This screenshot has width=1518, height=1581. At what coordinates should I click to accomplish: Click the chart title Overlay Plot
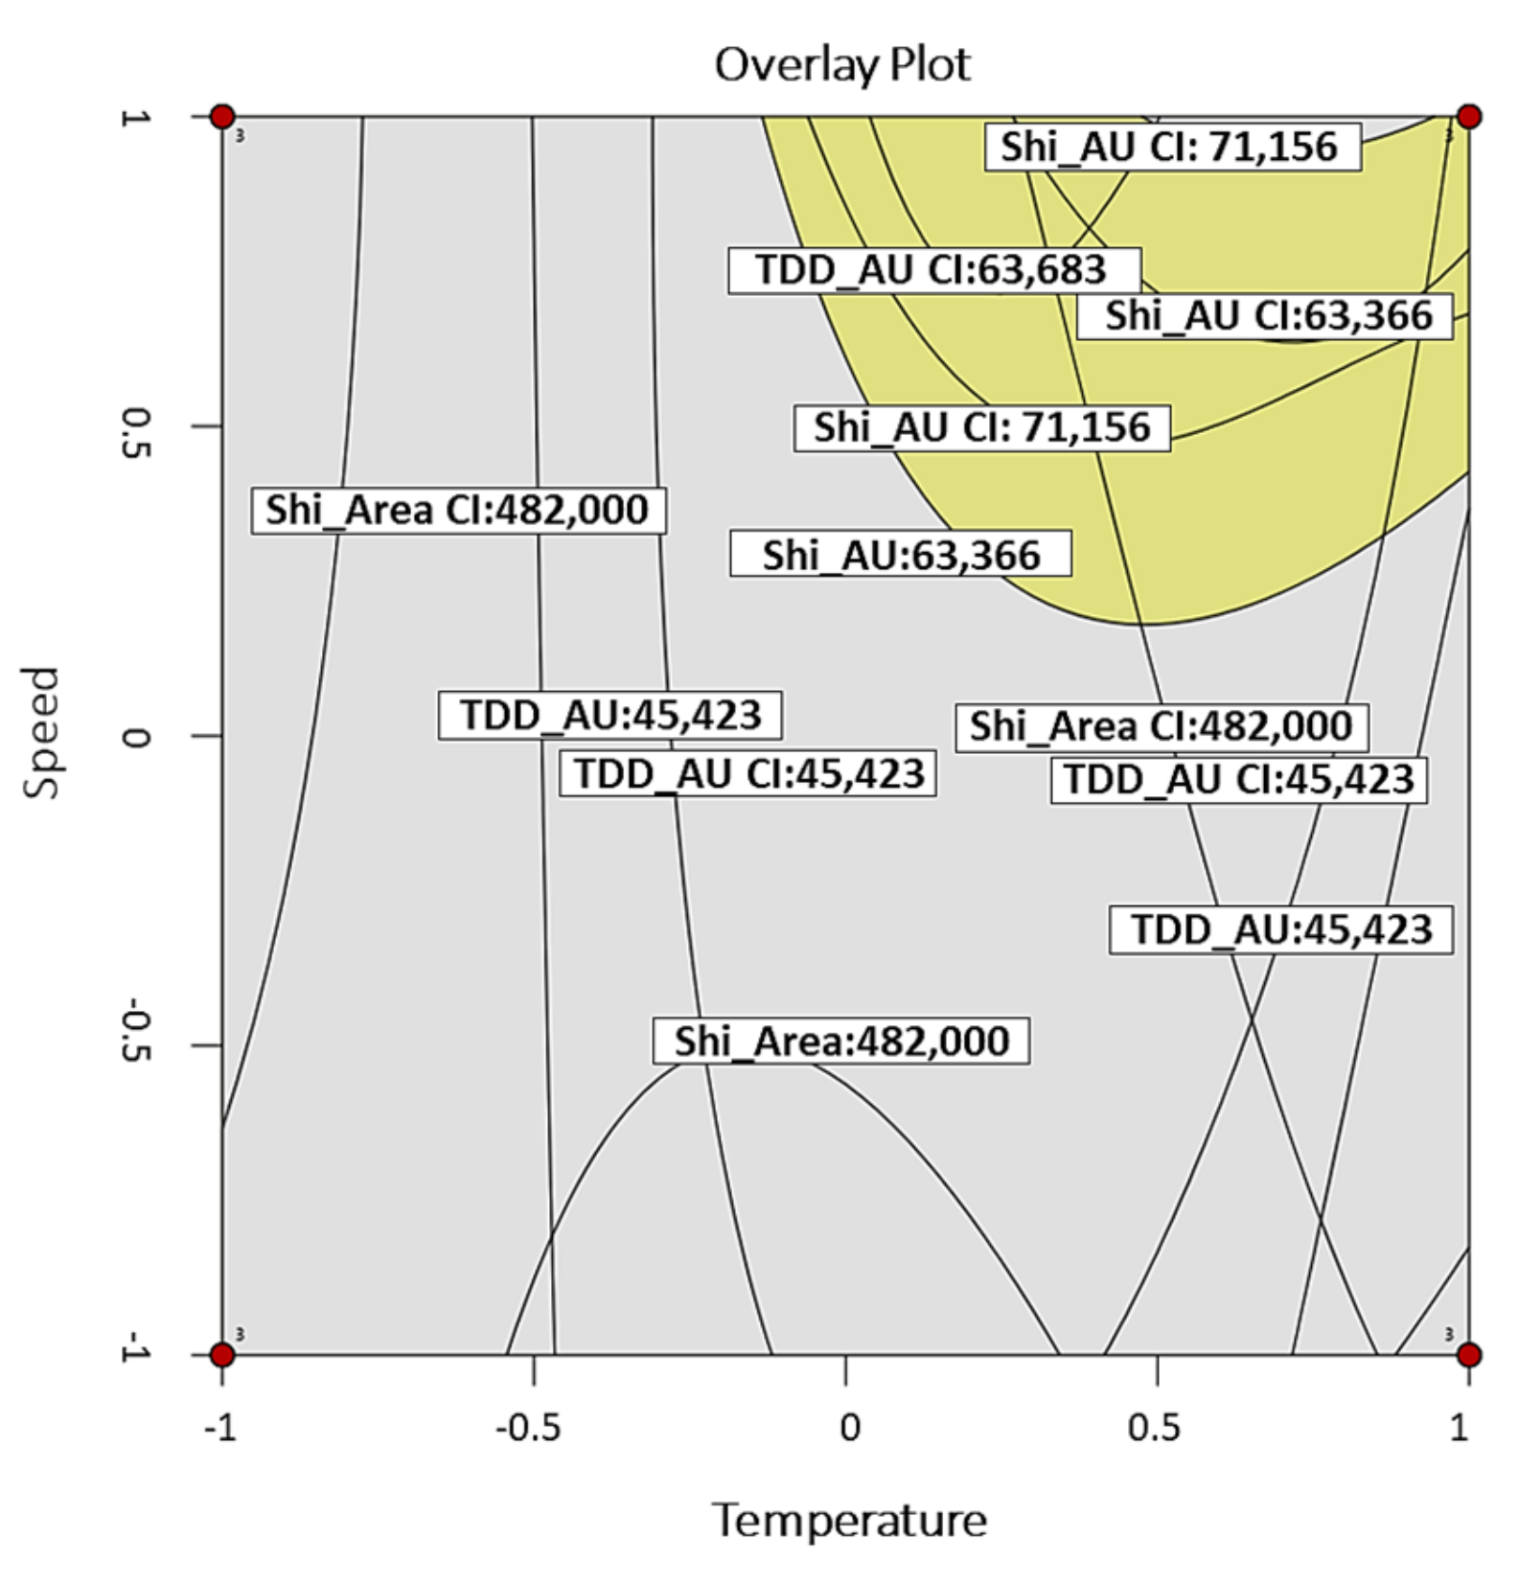pyautogui.click(x=842, y=65)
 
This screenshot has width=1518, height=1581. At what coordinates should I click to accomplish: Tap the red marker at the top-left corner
pyautogui.click(x=222, y=117)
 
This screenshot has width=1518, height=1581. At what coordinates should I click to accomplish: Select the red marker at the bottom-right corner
pyautogui.click(x=1468, y=1354)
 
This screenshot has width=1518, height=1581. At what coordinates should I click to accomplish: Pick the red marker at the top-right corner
pyautogui.click(x=1468, y=117)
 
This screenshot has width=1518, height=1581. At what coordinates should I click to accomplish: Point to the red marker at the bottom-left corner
pyautogui.click(x=222, y=1354)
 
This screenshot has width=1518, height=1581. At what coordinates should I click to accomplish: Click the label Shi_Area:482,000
pyautogui.click(x=841, y=1042)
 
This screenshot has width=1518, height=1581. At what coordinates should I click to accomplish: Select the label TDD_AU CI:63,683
pyautogui.click(x=933, y=270)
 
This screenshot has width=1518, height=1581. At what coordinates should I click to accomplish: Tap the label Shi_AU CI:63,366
pyautogui.click(x=1265, y=316)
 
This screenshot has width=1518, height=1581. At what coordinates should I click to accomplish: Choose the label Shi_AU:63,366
pyautogui.click(x=901, y=554)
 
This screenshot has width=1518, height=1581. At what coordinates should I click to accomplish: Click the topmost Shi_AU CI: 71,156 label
pyautogui.click(x=1172, y=148)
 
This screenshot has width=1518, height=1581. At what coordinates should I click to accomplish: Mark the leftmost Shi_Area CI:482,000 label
pyautogui.click(x=458, y=510)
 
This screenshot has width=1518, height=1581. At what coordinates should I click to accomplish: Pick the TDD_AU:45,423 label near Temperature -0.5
pyautogui.click(x=610, y=716)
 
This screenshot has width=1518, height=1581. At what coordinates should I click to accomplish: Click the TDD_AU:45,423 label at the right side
pyautogui.click(x=1280, y=929)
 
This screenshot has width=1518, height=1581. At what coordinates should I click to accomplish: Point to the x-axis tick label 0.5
pyautogui.click(x=1154, y=1429)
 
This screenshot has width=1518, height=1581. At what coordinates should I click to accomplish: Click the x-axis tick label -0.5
pyautogui.click(x=528, y=1429)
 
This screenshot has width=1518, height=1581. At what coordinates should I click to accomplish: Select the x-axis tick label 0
pyautogui.click(x=849, y=1429)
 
